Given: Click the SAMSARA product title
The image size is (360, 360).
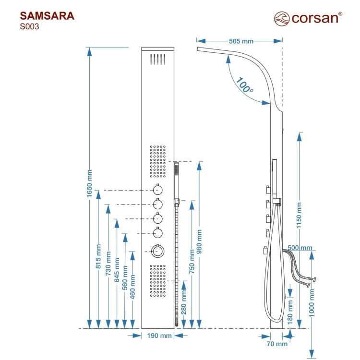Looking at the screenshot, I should [x=47, y=16].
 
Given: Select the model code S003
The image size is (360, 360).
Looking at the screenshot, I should [x=29, y=27].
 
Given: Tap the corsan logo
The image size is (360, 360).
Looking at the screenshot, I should [x=308, y=18].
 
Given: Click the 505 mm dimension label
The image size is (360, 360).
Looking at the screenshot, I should [x=241, y=41].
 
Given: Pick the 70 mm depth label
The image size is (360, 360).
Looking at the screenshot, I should [x=277, y=343].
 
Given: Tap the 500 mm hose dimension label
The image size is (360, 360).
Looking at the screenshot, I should [x=300, y=248].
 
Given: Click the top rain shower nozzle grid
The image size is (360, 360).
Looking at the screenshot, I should [x=158, y=60].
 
